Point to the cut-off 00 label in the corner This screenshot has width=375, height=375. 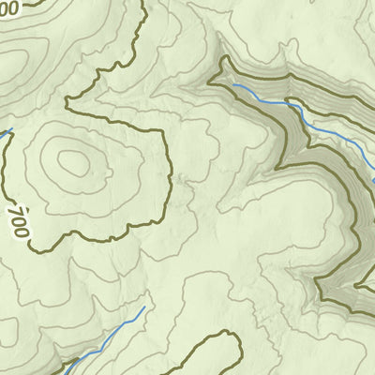[x=8, y=8]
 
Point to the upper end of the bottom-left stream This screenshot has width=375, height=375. [x=144, y=307]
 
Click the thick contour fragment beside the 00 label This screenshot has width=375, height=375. [x=28, y=3]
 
